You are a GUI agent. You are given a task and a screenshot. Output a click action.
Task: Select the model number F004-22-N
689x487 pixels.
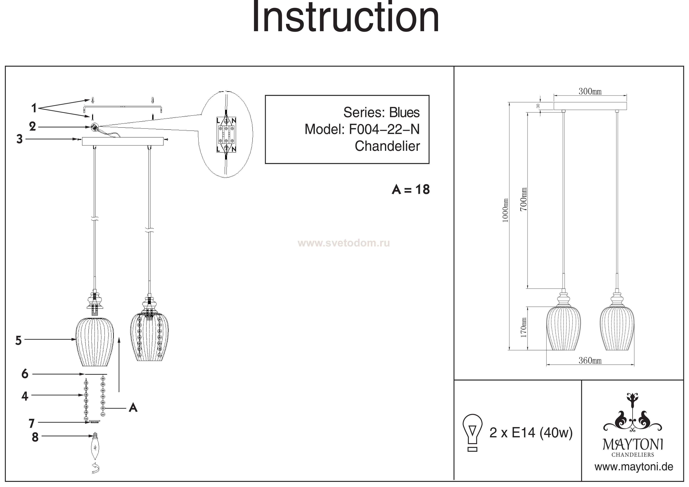(x=384, y=129)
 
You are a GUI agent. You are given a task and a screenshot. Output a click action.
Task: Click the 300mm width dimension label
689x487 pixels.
(x=590, y=91)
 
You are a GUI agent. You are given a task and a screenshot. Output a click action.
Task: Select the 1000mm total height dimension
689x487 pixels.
(x=505, y=210)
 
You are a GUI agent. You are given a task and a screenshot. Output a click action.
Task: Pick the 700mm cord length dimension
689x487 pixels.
(x=523, y=199)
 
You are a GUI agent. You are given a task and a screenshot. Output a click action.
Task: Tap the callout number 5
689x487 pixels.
(x=19, y=341)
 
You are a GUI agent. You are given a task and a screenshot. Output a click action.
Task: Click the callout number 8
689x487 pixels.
(x=35, y=437)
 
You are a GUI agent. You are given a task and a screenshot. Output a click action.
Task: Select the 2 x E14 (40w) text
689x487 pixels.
(x=531, y=433)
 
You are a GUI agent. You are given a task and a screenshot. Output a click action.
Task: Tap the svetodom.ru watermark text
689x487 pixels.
(x=344, y=243)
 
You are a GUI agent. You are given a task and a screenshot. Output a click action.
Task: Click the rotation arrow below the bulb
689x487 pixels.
(x=96, y=468)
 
